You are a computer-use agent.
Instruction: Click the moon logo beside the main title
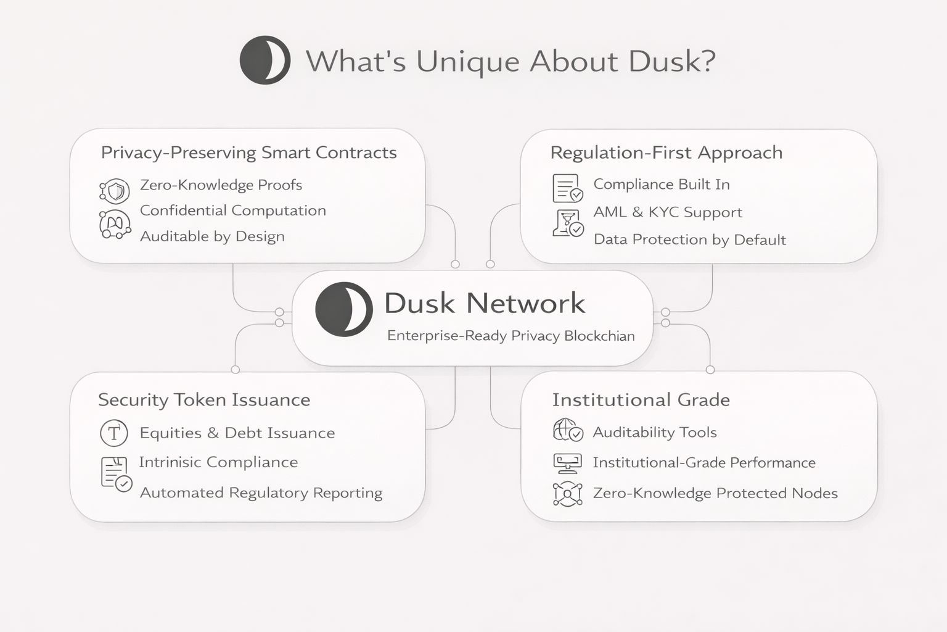pos(265,60)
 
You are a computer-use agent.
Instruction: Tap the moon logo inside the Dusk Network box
pos(343,309)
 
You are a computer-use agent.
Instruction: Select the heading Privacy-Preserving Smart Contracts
pos(248,152)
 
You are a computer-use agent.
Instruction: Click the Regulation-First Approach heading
pos(666,152)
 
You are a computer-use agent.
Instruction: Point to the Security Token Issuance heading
pos(204,400)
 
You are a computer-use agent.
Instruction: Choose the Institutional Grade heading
pos(641,400)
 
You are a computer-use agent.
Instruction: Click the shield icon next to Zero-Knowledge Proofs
pos(115,191)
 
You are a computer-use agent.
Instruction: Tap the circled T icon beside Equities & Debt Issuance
pos(114,433)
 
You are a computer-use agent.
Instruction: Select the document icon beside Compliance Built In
pos(567,188)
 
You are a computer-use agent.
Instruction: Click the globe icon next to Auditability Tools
pos(567,430)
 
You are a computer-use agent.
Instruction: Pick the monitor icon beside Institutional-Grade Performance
pos(567,462)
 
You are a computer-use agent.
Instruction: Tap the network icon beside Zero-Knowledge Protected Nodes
pos(567,494)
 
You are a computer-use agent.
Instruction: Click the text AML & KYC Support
pos(668,212)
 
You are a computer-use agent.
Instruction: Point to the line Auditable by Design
pos(212,236)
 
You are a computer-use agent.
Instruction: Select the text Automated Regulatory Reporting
pos(261,493)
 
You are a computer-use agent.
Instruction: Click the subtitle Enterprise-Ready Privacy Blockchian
pos(510,336)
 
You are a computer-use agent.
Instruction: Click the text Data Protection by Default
pos(689,239)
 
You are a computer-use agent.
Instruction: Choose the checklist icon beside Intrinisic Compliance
pos(116,474)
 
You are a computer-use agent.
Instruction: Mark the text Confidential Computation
pos(232,210)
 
